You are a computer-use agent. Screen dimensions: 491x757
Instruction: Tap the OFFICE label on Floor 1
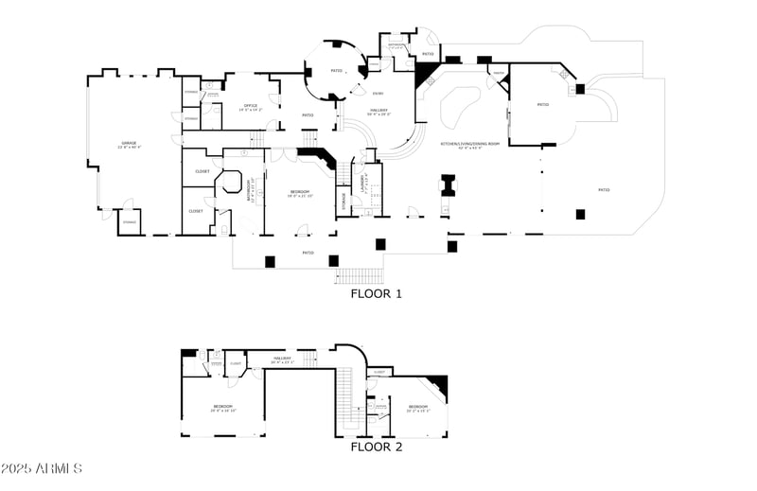coord(251,107)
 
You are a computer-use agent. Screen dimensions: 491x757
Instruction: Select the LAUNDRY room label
coord(364,177)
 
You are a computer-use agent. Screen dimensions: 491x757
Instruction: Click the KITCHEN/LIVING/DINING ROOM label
coord(462,145)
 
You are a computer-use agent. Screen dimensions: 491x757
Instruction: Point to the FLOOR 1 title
coord(377,293)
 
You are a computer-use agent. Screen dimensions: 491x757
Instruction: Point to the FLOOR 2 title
coord(377,447)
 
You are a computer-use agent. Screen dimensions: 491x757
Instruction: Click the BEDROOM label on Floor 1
coord(298,193)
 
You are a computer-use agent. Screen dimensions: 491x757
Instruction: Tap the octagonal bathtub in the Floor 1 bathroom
coord(231,183)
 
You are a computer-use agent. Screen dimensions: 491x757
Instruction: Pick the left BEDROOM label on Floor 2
coord(222,408)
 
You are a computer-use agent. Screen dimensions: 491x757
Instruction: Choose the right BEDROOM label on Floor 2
coord(418,407)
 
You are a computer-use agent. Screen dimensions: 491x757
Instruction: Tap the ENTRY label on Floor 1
coord(378,93)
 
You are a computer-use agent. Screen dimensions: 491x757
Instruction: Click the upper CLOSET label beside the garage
coord(202,171)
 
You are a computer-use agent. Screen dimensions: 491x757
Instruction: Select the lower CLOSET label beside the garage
coord(195,211)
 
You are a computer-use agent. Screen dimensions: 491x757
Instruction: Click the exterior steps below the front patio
coord(358,275)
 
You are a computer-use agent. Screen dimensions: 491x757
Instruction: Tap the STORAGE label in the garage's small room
coord(130,222)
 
